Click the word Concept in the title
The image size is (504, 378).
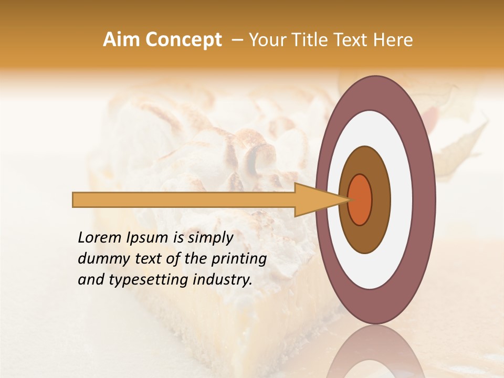click(183, 40)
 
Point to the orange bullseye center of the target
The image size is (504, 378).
click(360, 199)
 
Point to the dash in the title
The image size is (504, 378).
click(237, 40)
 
